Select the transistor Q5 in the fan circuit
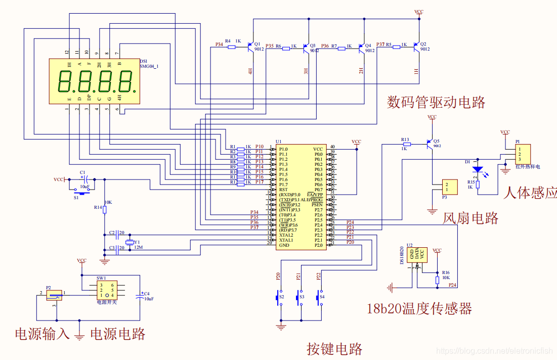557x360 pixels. point(430,145)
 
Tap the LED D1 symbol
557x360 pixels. point(478,170)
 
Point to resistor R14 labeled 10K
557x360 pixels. point(105,208)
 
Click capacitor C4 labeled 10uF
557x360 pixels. point(140,297)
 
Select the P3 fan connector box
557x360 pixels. point(449,187)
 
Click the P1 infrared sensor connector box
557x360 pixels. point(523,154)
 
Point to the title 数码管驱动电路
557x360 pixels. point(436,103)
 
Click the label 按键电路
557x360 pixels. point(334,349)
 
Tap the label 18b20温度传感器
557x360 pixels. point(419,308)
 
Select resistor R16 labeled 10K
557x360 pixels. point(437,280)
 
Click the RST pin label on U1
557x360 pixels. point(283,190)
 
